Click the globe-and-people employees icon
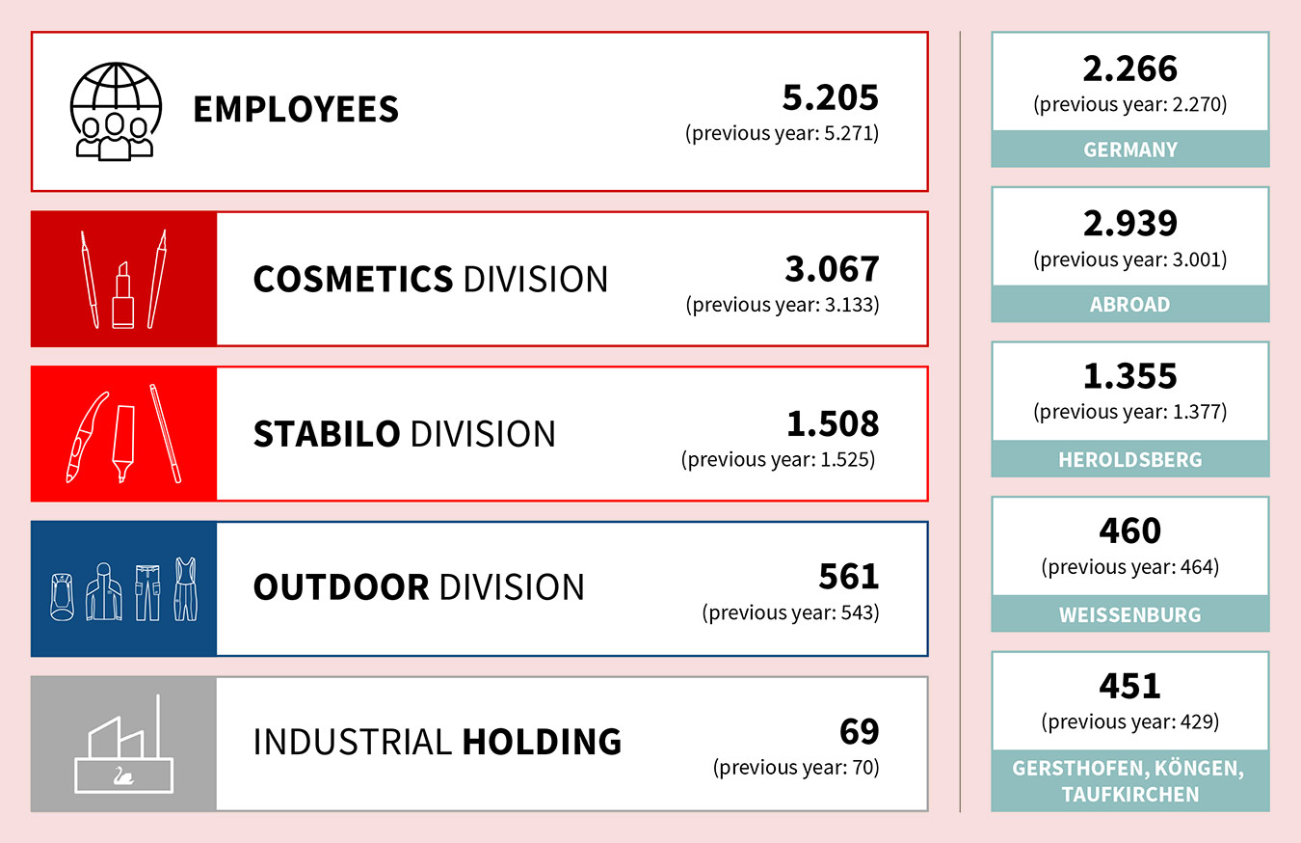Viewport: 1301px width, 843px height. coord(115,110)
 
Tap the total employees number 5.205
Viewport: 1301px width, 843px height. coord(831,98)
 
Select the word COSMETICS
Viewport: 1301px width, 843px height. coord(353,280)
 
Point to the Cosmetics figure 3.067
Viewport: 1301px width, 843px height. coord(832,270)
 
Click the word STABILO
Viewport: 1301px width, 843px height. coord(326,434)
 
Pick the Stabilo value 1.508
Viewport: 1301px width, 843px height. coord(832,424)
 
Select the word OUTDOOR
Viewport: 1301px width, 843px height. coord(340,587)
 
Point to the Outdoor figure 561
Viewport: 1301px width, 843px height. coord(849,577)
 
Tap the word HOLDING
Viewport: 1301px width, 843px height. coord(542,742)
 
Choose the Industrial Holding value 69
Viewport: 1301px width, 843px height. coord(860,731)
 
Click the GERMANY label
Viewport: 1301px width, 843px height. coord(1130,150)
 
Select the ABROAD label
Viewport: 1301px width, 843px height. coord(1130,305)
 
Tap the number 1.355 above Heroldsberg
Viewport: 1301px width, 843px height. coord(1130,376)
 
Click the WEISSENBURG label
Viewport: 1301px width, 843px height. coord(1130,614)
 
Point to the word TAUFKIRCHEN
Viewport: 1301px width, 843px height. coord(1130,795)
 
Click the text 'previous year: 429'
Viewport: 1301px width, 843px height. coord(1130,721)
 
